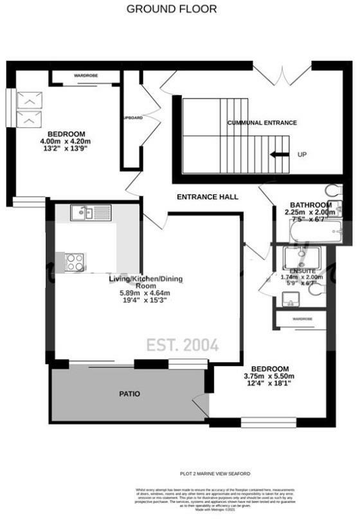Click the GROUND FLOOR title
pyautogui.click(x=172, y=9)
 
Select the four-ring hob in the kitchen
pyautogui.click(x=74, y=261)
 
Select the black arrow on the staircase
pyautogui.click(x=279, y=155)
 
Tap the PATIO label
pyautogui.click(x=130, y=393)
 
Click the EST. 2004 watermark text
pyautogui.click(x=181, y=346)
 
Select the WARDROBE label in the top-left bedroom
pyautogui.click(x=85, y=76)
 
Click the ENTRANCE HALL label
pyautogui.click(x=208, y=197)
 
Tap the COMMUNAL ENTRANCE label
pyautogui.click(x=262, y=122)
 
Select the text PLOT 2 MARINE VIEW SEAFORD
pyautogui.click(x=214, y=473)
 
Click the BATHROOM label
pyautogui.click(x=301, y=205)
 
